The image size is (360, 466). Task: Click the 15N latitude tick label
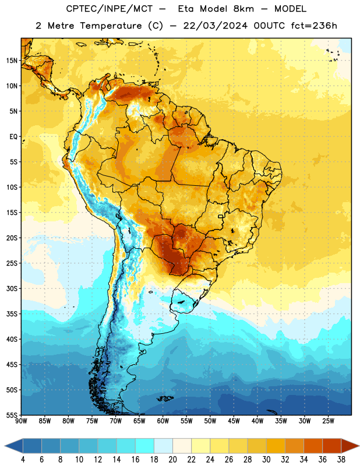pos(12,61)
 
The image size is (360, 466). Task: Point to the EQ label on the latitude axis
pos(13,137)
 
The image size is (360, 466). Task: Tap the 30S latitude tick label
pos(12,288)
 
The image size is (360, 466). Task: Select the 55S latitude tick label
pos(12,415)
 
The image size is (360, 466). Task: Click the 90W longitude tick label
pos(22,421)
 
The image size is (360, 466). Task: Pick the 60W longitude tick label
pos(163,421)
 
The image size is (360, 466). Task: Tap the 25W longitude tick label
pos(328,421)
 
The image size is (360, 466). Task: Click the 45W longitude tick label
pos(234,421)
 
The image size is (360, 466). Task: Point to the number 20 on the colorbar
pos(172,460)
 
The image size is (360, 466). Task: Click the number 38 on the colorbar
pos(341,460)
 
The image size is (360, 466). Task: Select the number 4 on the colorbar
pos(23,460)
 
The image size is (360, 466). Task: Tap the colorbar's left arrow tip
pos(5,446)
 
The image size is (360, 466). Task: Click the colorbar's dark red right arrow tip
pos(359,446)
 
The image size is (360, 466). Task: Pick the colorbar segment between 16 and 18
pos(144,446)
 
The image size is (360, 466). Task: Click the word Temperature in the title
pos(111,26)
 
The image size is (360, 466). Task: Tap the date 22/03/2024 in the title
pos(215,26)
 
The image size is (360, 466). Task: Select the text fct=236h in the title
pos(314,26)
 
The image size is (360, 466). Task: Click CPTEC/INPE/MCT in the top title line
pos(109,9)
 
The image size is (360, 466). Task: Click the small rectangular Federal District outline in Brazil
pos(221,216)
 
